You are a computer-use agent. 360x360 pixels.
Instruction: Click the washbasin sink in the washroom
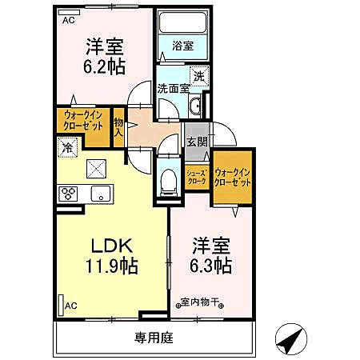[197, 108]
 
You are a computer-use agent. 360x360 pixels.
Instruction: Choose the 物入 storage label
[118, 126]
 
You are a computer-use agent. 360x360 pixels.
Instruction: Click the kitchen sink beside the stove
[100, 193]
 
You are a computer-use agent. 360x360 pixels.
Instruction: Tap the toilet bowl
[167, 180]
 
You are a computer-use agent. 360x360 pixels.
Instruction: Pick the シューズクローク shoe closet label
[197, 177]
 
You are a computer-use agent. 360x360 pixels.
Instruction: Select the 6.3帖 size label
[210, 264]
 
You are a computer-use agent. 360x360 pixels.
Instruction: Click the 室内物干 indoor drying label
[200, 302]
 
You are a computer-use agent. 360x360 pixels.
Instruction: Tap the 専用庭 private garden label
[154, 338]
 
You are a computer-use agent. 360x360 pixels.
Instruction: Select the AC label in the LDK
[71, 305]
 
